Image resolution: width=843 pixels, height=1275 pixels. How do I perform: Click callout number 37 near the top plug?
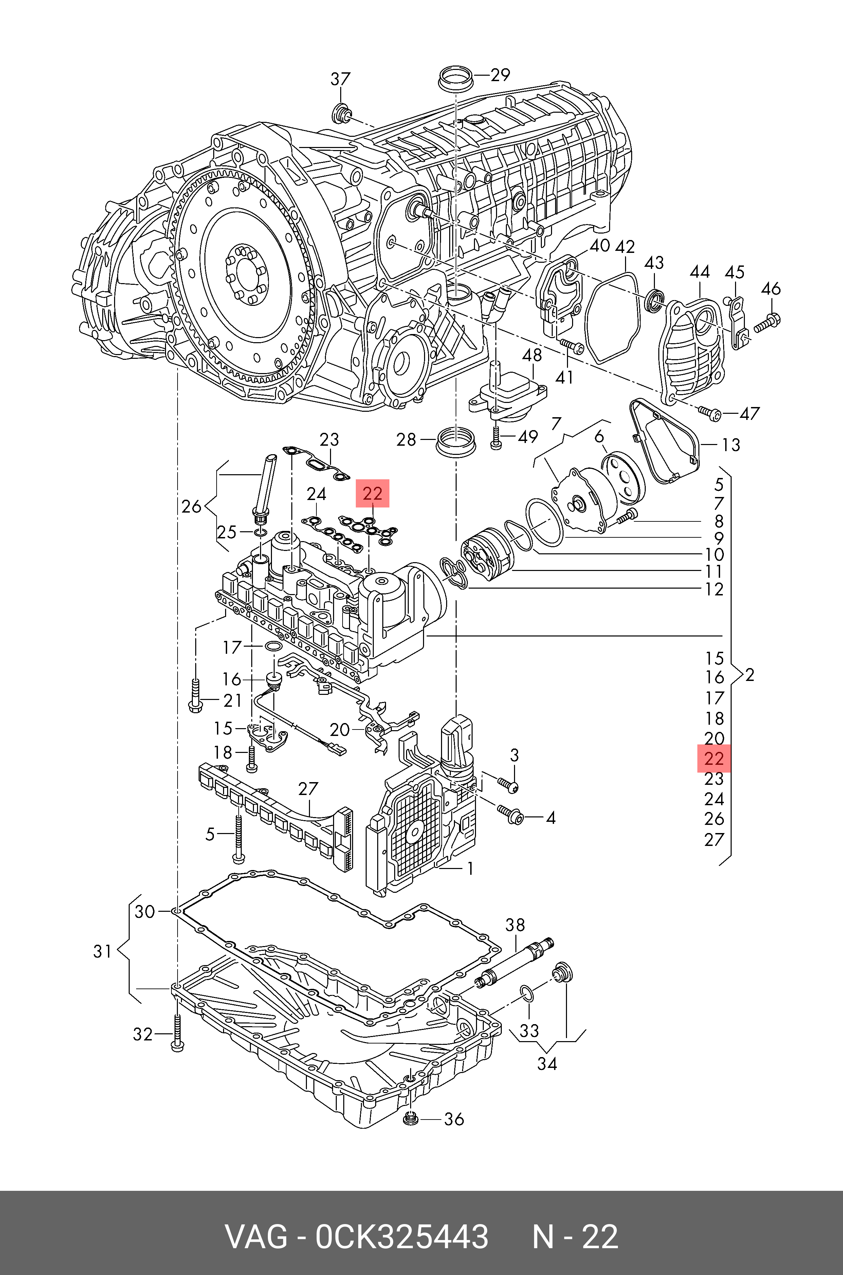(340, 79)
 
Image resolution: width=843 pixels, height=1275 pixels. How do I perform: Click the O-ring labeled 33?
(527, 994)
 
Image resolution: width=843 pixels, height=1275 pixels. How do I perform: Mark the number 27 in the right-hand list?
(714, 839)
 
